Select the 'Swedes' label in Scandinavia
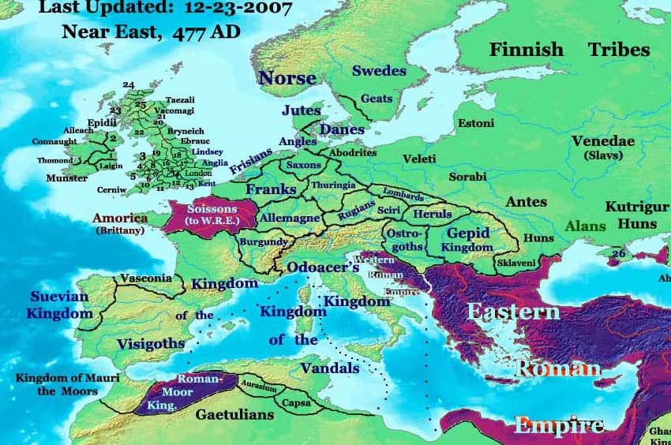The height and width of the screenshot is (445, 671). tap(379, 71)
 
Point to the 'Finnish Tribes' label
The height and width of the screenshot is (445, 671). tap(569, 49)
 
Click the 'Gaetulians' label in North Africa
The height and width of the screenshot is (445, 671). tap(234, 414)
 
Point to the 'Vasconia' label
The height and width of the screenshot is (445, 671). tap(145, 279)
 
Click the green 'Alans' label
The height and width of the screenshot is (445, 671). tap(585, 226)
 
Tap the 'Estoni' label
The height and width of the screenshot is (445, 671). tap(476, 123)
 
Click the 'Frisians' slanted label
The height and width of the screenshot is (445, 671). tap(250, 160)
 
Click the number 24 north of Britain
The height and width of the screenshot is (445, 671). tap(129, 84)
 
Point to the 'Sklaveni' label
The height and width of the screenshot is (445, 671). tap(516, 262)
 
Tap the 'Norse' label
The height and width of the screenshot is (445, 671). tap(287, 77)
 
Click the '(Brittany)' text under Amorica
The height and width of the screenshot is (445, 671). tap(120, 230)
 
